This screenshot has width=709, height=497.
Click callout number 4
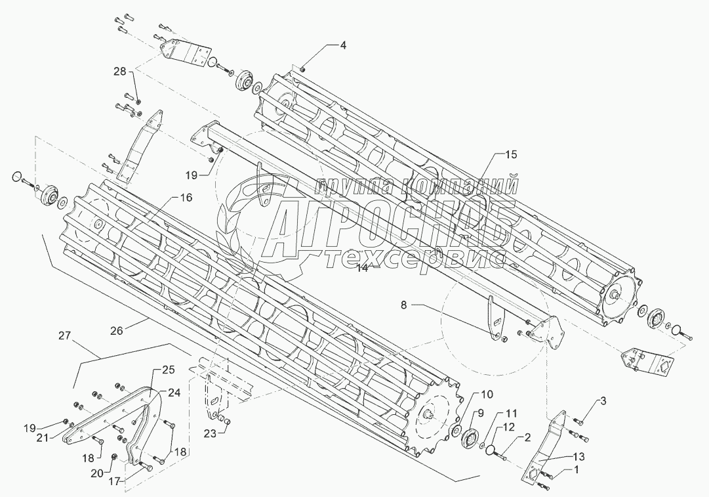[343, 45]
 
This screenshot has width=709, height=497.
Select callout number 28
[120, 72]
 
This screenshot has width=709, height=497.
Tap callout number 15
[510, 155]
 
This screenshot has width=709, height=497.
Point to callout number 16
[186, 198]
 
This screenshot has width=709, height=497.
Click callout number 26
[117, 331]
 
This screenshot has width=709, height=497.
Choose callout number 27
[65, 335]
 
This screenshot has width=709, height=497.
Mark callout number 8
[404, 305]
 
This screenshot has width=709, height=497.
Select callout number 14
[363, 268]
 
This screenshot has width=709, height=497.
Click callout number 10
[487, 394]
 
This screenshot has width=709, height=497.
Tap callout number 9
[481, 413]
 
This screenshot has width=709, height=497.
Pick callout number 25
[156, 370]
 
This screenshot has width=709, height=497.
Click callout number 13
[578, 456]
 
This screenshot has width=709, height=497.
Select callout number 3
[603, 400]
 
